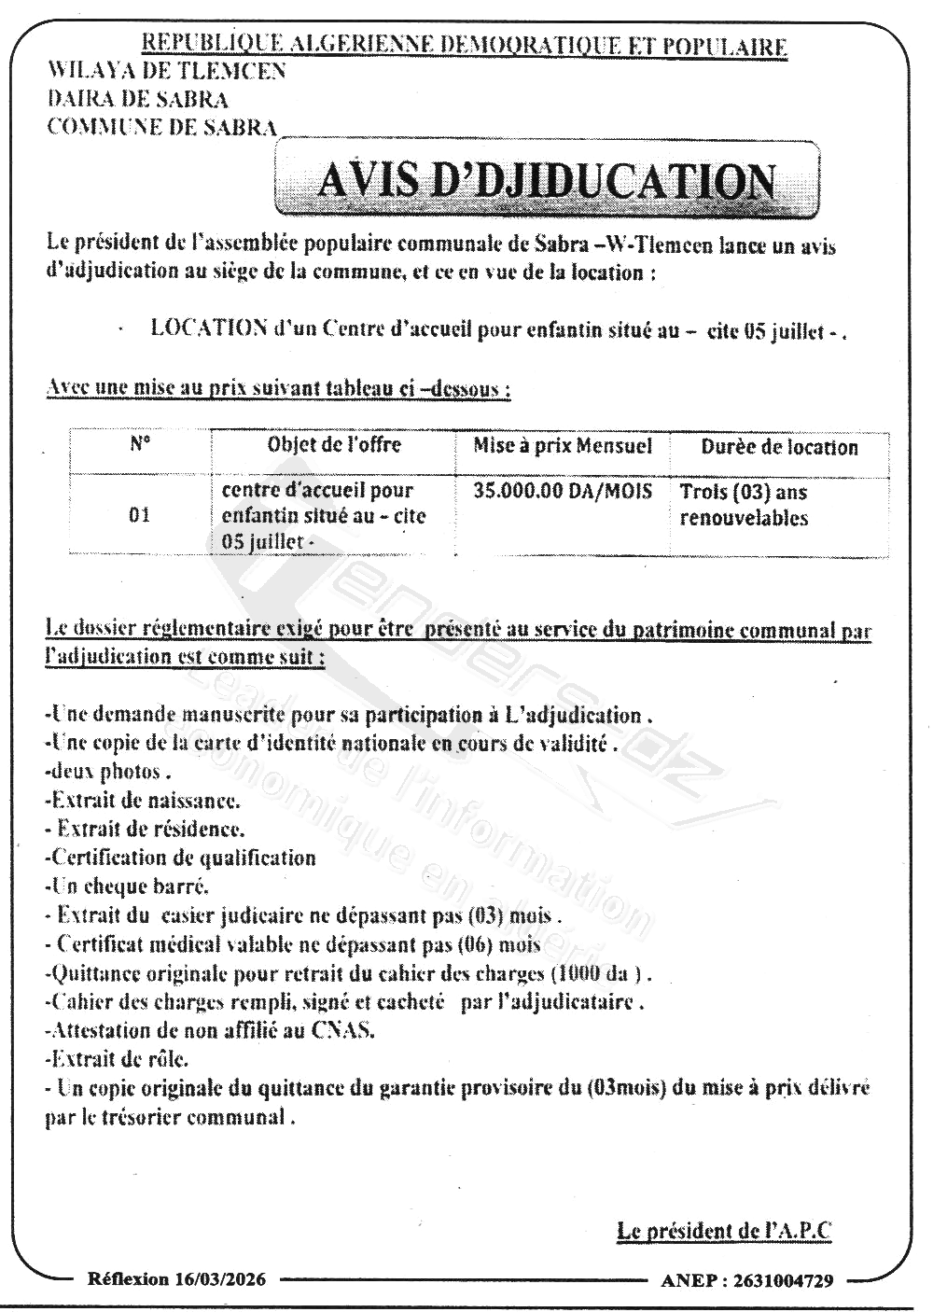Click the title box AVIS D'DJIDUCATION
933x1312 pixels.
pos(547,179)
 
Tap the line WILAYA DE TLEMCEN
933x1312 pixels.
pos(167,71)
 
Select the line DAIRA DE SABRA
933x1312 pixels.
pos(137,99)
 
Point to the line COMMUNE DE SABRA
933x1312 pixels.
pos(162,127)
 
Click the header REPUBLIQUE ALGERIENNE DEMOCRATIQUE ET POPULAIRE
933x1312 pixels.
pos(463,46)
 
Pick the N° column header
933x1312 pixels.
pos(140,445)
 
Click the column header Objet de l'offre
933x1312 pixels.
pos(334,445)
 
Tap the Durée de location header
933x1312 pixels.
pos(779,447)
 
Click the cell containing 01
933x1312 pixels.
pos(140,515)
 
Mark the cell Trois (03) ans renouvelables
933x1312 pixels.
pos(744,505)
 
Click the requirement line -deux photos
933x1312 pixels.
pos(108,772)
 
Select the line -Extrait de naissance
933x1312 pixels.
pos(142,801)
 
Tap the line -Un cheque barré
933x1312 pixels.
pos(127,886)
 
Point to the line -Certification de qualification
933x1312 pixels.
pos(180,858)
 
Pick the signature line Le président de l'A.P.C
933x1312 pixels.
pos(724,1231)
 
